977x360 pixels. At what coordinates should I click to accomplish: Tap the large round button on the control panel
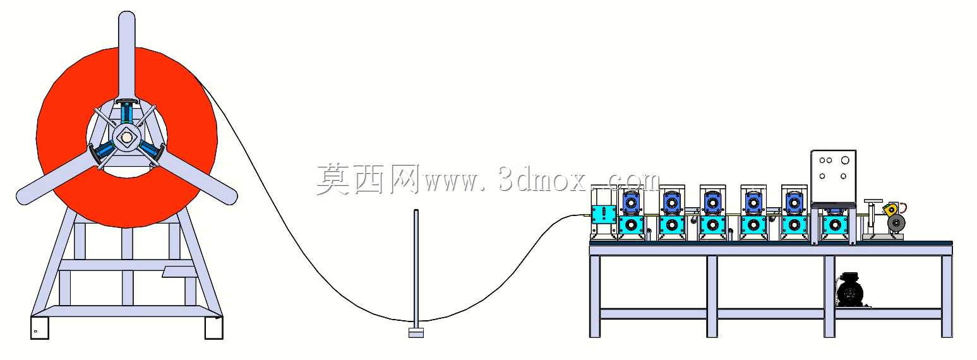[845, 160]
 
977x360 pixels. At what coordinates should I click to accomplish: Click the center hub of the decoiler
[126, 137]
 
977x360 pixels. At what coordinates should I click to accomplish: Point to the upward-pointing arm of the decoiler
[127, 57]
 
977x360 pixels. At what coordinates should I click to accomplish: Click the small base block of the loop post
[416, 332]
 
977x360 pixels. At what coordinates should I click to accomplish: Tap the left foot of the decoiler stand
[40, 327]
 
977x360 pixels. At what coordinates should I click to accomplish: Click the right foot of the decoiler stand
[213, 327]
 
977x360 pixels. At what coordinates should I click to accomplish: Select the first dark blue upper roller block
[631, 203]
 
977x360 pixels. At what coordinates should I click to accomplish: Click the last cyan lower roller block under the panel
[835, 225]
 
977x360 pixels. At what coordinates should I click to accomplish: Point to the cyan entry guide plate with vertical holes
[603, 214]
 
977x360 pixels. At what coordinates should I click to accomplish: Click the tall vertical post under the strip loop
[416, 269]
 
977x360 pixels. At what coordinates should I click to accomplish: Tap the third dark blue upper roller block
[712, 203]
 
